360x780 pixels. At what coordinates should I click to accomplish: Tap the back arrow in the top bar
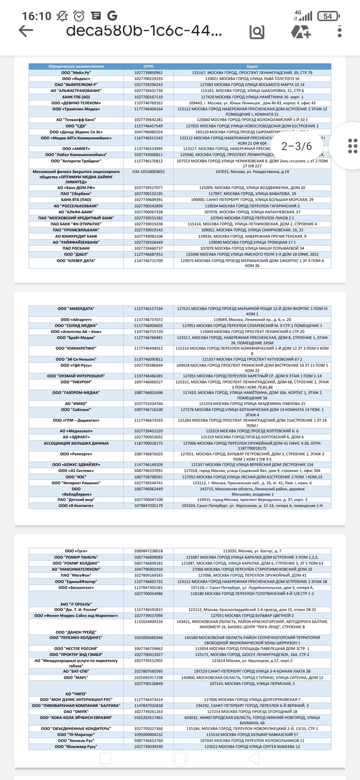26,31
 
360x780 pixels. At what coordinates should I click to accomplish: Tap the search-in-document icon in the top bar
257,31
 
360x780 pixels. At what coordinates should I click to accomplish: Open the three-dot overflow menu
340,31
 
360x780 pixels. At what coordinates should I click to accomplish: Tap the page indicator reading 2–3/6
297,146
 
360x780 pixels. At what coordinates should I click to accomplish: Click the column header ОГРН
149,67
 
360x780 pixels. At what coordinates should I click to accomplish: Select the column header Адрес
252,67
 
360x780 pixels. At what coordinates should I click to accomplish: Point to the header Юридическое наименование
76,67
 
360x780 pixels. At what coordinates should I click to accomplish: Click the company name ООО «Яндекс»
76,79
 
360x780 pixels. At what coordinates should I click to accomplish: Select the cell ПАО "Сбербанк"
76,193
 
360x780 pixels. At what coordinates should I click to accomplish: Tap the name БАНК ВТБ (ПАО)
76,199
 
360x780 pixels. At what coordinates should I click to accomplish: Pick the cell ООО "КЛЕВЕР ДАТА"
76,261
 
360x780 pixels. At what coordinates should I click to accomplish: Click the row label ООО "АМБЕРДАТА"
76,309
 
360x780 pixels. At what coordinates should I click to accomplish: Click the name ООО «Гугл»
76,551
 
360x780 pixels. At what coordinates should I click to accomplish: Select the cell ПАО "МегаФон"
76,575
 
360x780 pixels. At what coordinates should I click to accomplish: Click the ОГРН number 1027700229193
149,79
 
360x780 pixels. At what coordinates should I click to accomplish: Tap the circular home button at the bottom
179,758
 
